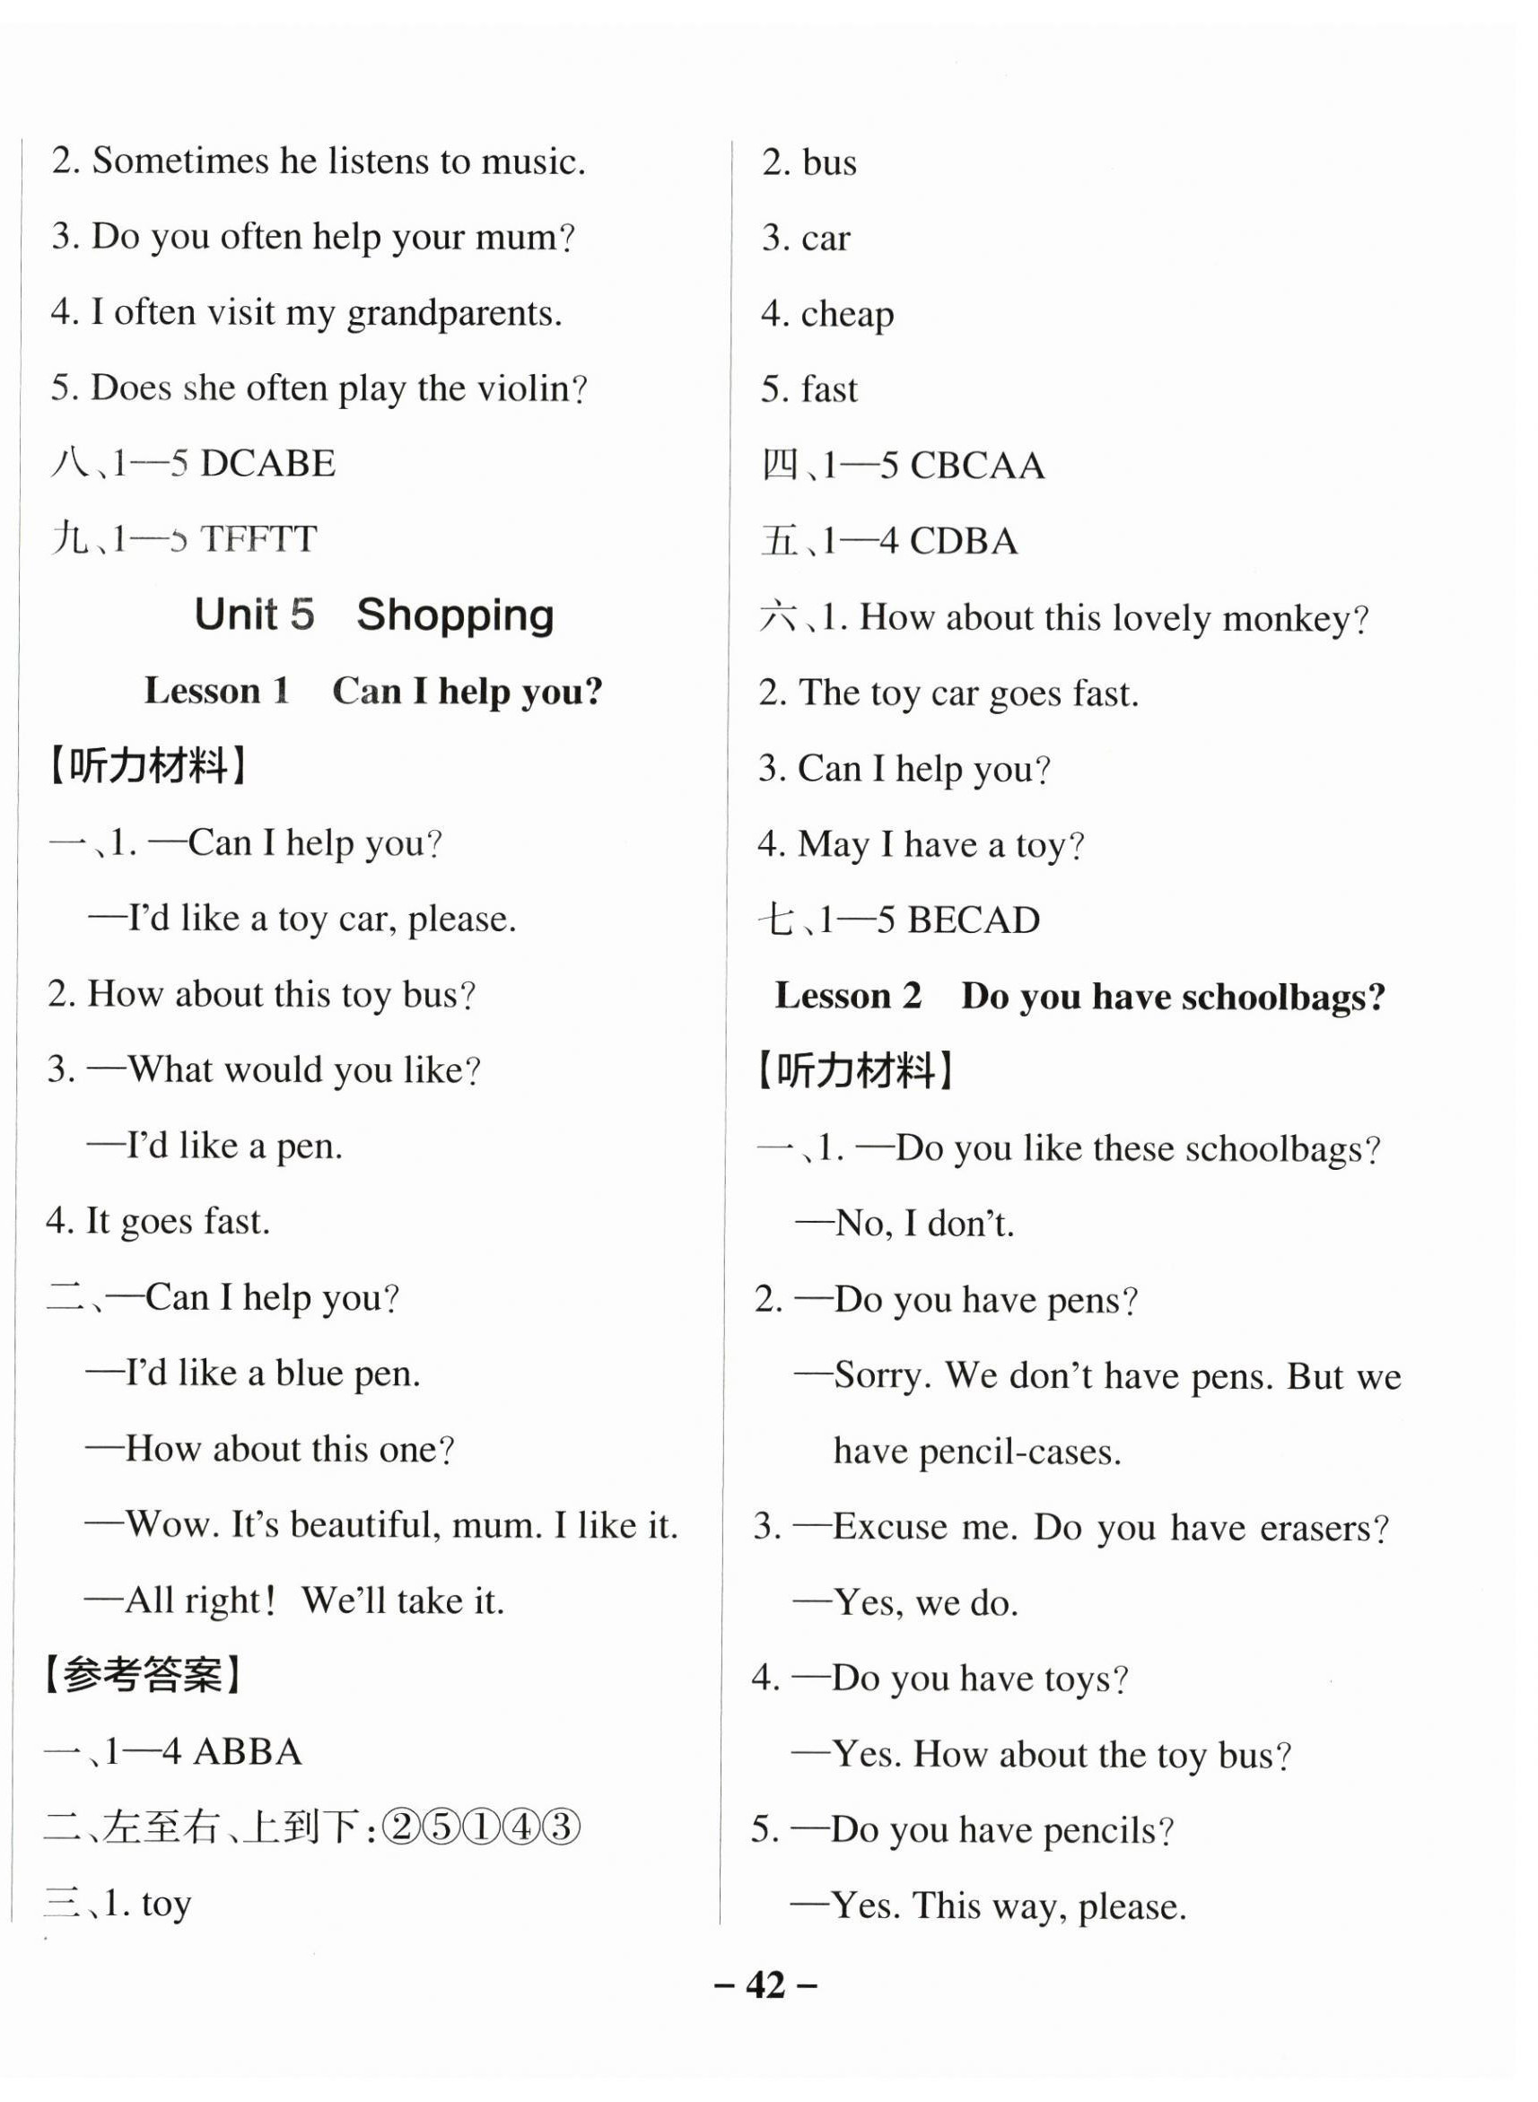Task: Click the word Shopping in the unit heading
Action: coord(454,615)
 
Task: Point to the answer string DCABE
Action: coord(268,464)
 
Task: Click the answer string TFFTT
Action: coord(258,539)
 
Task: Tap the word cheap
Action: coord(847,315)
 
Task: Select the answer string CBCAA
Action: coord(976,466)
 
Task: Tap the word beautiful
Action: coord(366,1524)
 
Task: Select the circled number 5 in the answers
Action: coord(441,1827)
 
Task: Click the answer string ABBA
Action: coord(248,1752)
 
